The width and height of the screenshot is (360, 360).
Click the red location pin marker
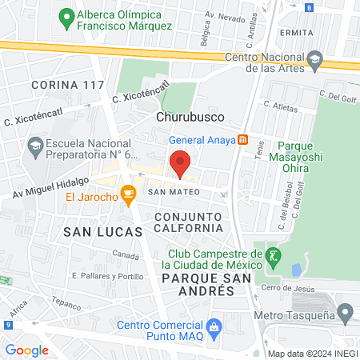[181, 164]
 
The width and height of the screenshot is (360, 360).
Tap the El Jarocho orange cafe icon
[127, 194]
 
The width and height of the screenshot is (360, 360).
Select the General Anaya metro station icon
[243, 140]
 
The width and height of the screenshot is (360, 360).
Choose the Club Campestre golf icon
[274, 256]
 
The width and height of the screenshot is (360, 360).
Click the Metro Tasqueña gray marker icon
[345, 313]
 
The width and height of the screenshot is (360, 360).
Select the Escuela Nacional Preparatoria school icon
[34, 146]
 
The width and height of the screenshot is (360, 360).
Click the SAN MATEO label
[169, 192]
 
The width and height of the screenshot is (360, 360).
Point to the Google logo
[27, 350]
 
